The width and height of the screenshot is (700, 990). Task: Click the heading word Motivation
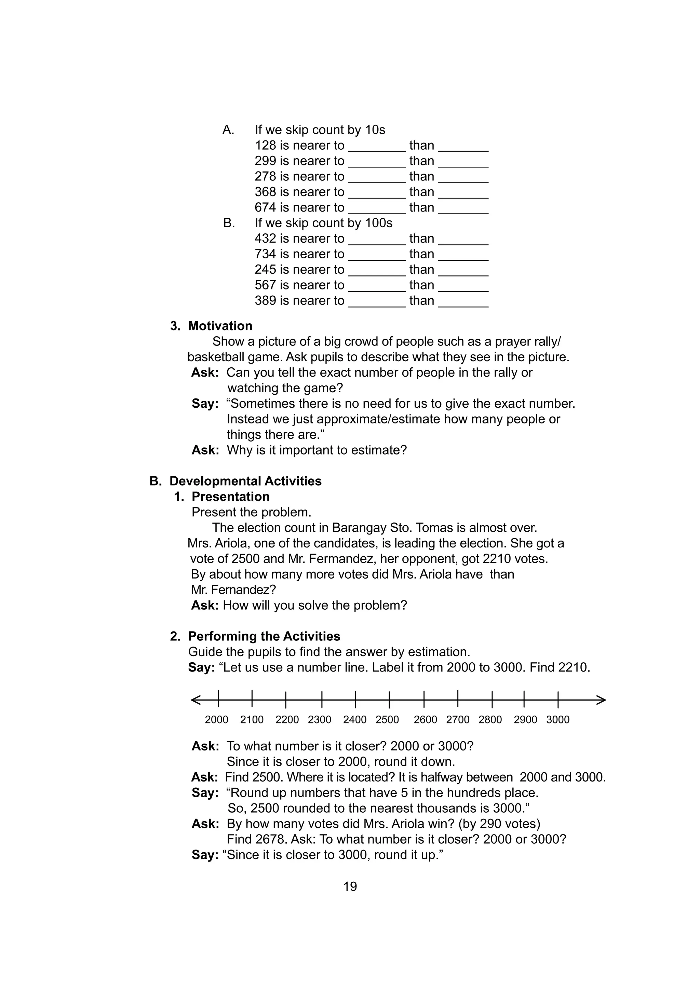click(220, 326)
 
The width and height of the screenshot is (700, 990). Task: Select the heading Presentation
click(230, 497)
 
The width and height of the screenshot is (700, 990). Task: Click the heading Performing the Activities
click(264, 636)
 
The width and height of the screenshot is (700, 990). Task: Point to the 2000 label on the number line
click(216, 720)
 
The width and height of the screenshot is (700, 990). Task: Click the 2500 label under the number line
click(387, 720)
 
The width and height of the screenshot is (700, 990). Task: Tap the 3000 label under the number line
click(558, 720)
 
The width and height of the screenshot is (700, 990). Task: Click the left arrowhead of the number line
click(195, 700)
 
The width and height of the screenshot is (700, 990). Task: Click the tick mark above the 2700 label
click(458, 700)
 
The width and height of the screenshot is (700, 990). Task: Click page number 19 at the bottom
click(350, 886)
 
